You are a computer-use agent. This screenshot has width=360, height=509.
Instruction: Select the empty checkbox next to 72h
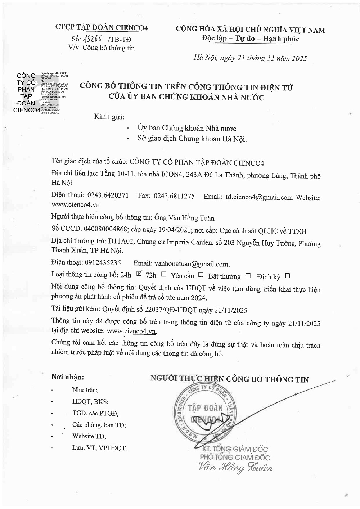point(164,274)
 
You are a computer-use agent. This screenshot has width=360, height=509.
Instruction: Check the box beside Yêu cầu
point(201,275)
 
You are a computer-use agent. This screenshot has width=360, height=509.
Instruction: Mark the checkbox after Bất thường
point(248,275)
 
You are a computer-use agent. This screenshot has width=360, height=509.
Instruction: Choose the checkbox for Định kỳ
point(287,276)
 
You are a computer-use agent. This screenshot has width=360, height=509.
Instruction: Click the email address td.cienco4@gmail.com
point(259,197)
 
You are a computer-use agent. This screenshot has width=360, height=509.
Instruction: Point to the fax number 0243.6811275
point(174,196)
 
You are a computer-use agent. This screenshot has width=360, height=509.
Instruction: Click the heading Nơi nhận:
point(67,377)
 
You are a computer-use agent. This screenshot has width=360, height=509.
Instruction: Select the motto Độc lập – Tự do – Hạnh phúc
point(250,39)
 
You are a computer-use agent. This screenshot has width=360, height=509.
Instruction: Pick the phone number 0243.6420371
point(108,195)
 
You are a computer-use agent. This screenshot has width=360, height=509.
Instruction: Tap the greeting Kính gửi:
point(109,117)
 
